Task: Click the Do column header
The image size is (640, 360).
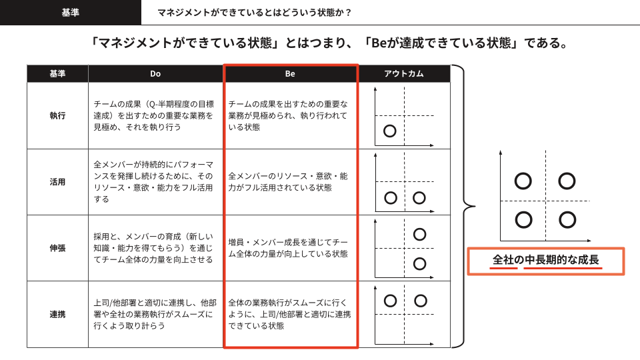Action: (155, 74)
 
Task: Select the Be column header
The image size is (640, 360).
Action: (290, 74)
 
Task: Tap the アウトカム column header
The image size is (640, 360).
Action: (404, 74)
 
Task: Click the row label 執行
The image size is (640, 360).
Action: (57, 116)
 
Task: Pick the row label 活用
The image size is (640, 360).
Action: (57, 182)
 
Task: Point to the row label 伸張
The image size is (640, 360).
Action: (57, 248)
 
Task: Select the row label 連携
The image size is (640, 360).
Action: (57, 314)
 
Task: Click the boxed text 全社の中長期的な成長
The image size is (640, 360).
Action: (546, 260)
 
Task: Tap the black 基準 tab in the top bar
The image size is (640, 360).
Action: (70, 13)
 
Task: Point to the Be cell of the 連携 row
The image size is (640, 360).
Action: (289, 314)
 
